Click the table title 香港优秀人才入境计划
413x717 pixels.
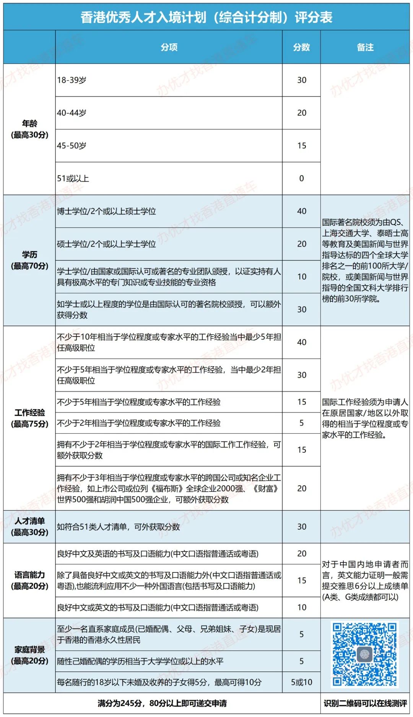click(206, 17)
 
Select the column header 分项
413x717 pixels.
click(169, 47)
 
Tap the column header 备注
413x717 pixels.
click(365, 47)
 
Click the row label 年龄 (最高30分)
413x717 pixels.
click(29, 129)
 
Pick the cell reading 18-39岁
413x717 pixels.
click(72, 80)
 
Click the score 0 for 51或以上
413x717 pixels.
click(301, 179)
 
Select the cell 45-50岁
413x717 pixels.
click(72, 146)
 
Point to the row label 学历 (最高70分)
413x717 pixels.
click(29, 260)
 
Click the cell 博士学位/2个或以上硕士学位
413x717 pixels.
click(106, 211)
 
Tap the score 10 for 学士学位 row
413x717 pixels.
click(301, 277)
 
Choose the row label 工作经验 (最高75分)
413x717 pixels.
click(29, 418)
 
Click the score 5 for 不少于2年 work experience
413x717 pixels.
click(301, 423)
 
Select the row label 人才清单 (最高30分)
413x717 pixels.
click(29, 527)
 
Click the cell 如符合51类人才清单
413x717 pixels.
click(119, 527)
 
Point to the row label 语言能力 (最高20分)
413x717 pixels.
click(29, 580)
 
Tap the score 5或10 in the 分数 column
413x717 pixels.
click(301, 682)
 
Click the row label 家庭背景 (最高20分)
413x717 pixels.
click(29, 655)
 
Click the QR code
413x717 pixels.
click(364, 654)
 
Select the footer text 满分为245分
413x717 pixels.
click(162, 703)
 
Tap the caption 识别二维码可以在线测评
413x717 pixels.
click(365, 703)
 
